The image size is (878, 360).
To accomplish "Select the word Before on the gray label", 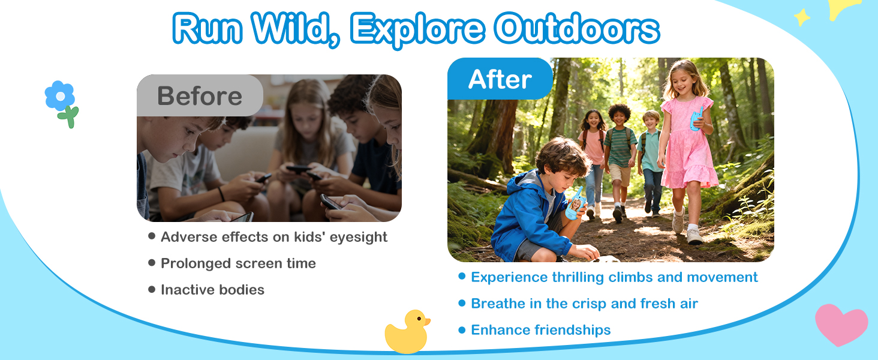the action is [200, 96].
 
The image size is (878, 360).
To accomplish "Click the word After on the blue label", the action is [500, 79].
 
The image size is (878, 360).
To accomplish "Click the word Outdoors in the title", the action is [576, 28].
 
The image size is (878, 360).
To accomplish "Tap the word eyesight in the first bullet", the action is [358, 238].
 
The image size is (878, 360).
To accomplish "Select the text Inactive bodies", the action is [212, 290].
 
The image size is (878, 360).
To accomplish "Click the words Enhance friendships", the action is [540, 330].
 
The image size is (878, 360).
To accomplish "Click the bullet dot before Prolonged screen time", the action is [152, 262].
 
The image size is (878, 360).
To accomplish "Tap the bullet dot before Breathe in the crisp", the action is [462, 303].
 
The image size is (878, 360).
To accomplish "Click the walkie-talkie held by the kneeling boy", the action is [575, 204].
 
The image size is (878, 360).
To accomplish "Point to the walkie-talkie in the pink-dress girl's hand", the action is [696, 118].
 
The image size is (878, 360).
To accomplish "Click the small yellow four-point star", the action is [802, 17].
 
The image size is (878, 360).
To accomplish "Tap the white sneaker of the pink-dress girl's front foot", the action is [694, 235].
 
